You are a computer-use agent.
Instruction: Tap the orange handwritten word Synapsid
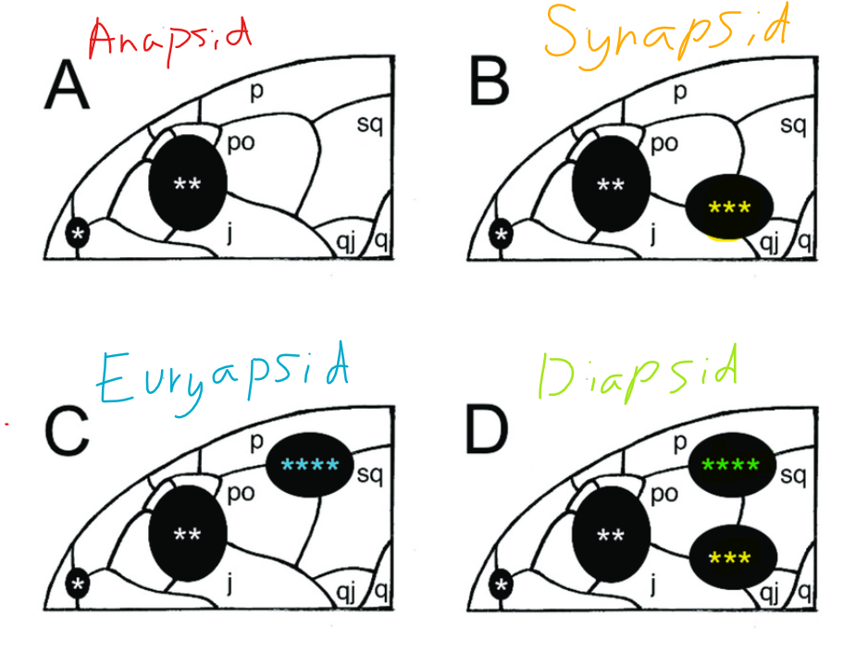point(665,33)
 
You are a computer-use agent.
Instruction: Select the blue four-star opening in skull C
point(310,464)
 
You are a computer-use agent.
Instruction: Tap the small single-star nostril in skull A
point(79,235)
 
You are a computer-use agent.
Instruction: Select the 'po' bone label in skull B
point(663,143)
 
